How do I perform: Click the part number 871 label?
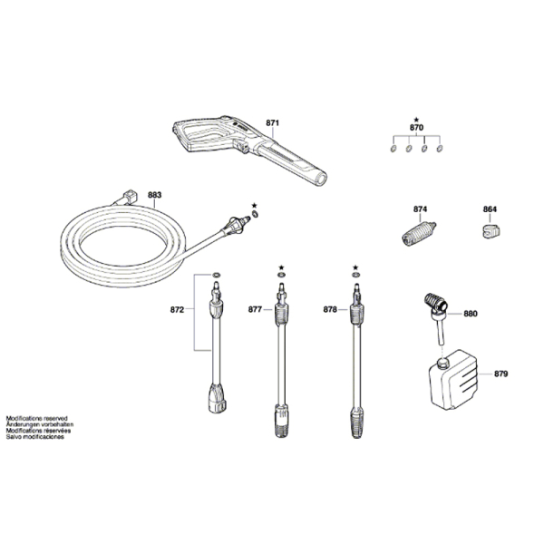(x=272, y=122)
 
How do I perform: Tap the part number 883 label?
(x=154, y=195)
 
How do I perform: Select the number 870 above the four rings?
(x=416, y=128)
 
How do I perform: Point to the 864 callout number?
(x=490, y=209)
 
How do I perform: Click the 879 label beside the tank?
(x=500, y=374)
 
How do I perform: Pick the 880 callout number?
(x=471, y=314)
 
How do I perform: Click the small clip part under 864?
(x=491, y=231)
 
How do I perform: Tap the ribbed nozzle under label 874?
(x=419, y=234)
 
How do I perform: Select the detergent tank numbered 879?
(x=453, y=380)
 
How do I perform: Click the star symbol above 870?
(x=416, y=119)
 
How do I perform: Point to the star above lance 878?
(x=355, y=267)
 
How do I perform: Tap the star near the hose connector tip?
(x=254, y=206)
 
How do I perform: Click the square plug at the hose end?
(x=130, y=197)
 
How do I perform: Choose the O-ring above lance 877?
(x=281, y=276)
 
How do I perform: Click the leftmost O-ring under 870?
(x=393, y=149)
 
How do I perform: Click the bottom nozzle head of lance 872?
(x=218, y=398)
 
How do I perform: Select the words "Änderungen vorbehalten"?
(x=40, y=424)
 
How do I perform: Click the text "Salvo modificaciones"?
(x=35, y=437)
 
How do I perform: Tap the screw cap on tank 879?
(x=443, y=364)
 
